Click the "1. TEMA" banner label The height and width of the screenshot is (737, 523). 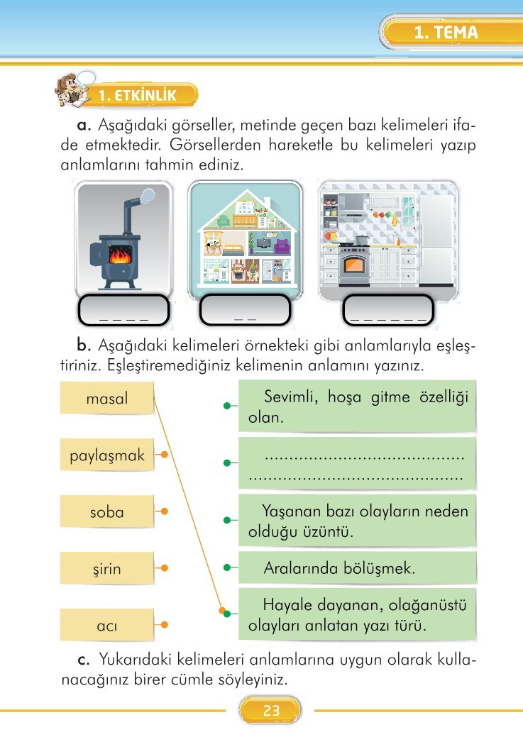coord(446,33)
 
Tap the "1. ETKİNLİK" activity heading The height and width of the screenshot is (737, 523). coord(138,95)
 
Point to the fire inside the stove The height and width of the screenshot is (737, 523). coord(121,256)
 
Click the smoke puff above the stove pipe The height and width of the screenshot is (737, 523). coord(148,194)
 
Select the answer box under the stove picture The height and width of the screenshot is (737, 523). coord(123,310)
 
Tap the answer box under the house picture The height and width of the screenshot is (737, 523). coord(245,310)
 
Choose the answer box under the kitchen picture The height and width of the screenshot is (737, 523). coord(388,310)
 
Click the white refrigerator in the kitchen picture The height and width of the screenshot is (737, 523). coord(437,240)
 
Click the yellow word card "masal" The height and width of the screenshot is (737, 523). coord(106,398)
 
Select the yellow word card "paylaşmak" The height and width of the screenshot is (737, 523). coord(106,455)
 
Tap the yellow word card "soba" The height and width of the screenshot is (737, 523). coord(106,511)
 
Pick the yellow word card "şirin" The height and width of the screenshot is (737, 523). coord(106,568)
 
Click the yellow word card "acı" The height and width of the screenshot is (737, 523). coord(106,625)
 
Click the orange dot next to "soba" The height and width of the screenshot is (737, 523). coord(164,511)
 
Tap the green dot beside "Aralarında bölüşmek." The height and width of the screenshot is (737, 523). coord(227,567)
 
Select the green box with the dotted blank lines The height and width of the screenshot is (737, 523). coord(358,464)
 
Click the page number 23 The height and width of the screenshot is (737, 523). coord(271,710)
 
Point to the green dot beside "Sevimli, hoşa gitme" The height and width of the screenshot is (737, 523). coord(227,406)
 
